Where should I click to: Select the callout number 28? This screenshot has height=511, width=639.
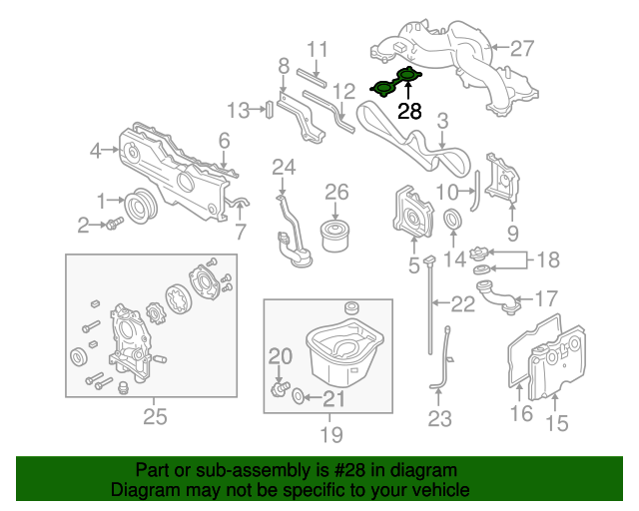click(410, 112)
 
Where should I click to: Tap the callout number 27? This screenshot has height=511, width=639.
click(523, 48)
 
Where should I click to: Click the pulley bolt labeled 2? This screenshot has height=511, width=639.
click(114, 224)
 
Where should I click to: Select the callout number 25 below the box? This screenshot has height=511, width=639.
click(154, 416)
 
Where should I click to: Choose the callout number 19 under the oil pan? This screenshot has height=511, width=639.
click(331, 434)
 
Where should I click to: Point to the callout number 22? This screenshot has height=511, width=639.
click(463, 304)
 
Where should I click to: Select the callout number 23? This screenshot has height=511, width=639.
click(440, 419)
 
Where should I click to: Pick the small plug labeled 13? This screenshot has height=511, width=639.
click(269, 109)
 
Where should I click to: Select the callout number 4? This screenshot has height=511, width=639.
click(96, 151)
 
